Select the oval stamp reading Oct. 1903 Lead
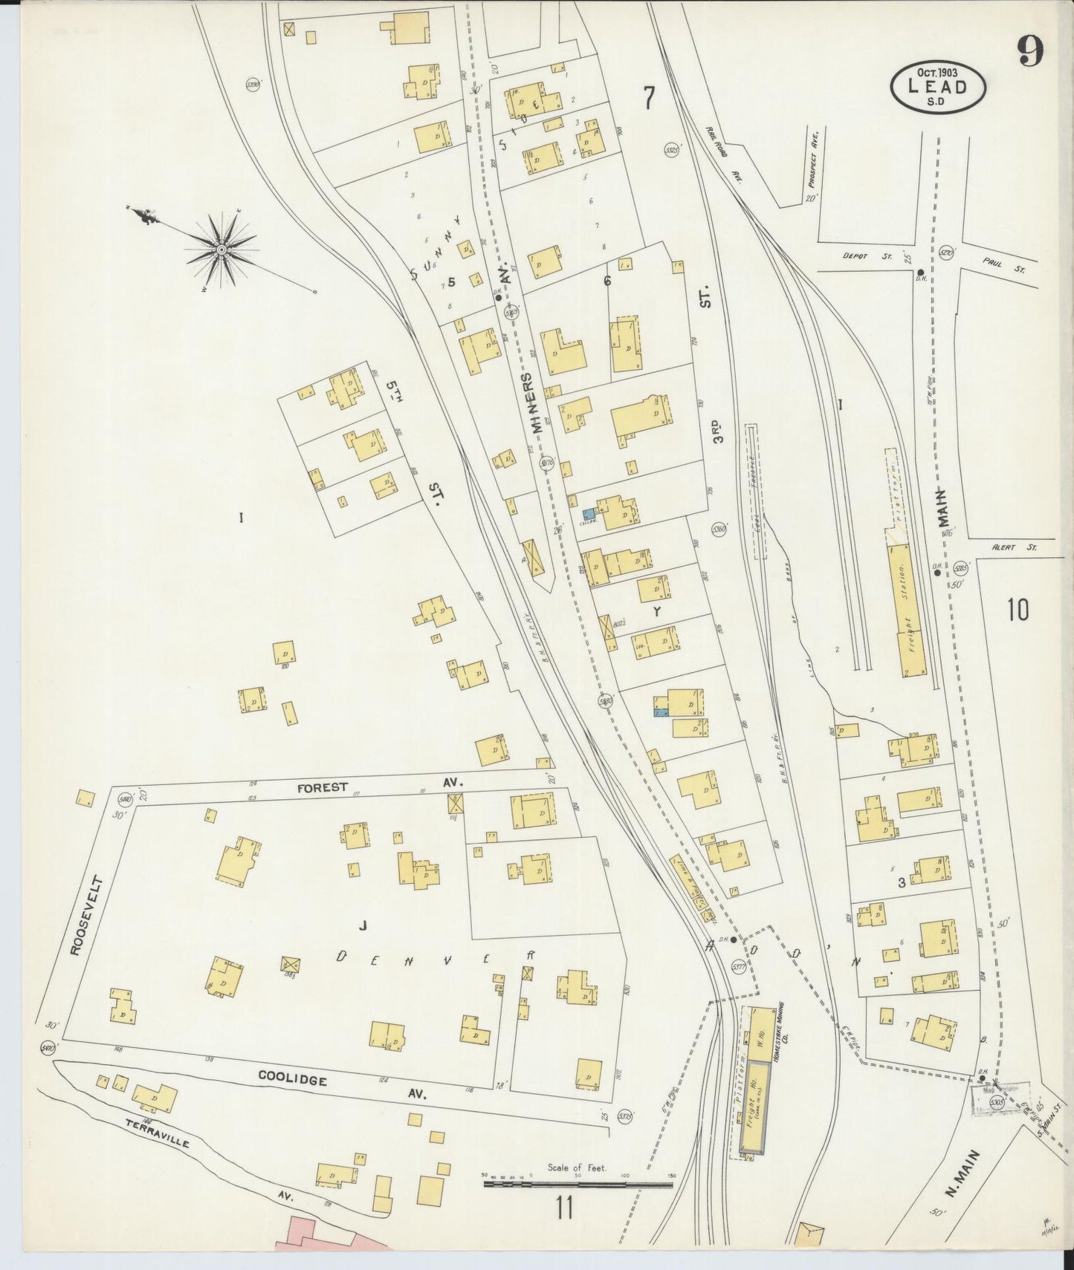[x=939, y=86]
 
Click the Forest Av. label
[x=322, y=787]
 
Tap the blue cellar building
[x=588, y=513]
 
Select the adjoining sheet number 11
[x=563, y=1209]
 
